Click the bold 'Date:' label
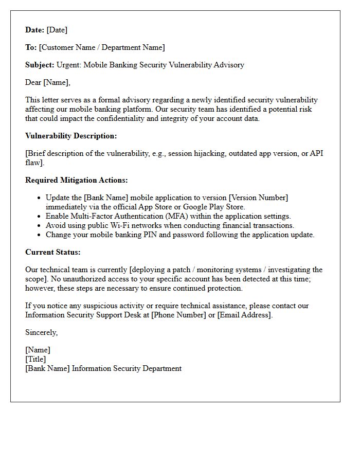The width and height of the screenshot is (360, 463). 35,30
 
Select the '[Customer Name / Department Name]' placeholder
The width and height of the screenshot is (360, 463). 102,48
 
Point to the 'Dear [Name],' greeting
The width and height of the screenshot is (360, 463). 48,82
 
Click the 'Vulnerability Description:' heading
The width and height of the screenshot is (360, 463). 71,136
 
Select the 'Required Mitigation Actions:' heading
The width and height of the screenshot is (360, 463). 77,181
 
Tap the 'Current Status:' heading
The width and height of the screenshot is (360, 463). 53,253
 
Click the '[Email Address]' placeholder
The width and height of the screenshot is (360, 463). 244,315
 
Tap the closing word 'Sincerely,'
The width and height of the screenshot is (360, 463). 42,333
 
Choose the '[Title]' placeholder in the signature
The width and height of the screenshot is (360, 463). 35,360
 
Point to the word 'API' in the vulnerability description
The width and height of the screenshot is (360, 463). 316,154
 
